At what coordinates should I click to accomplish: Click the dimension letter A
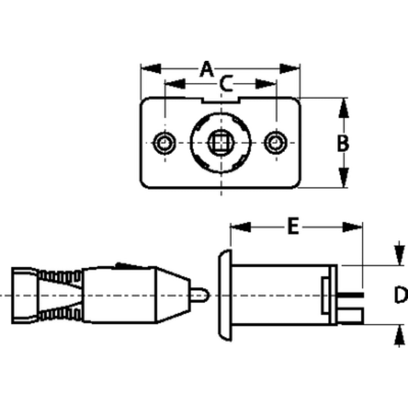206,69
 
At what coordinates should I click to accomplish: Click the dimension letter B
343,143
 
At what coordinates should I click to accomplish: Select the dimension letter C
226,83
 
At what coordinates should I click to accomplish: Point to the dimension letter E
293,226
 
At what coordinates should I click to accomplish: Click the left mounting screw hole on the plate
164,143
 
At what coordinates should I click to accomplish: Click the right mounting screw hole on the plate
275,143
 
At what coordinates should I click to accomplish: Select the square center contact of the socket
221,142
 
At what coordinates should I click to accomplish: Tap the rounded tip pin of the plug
200,295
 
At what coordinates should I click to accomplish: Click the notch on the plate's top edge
221,100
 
